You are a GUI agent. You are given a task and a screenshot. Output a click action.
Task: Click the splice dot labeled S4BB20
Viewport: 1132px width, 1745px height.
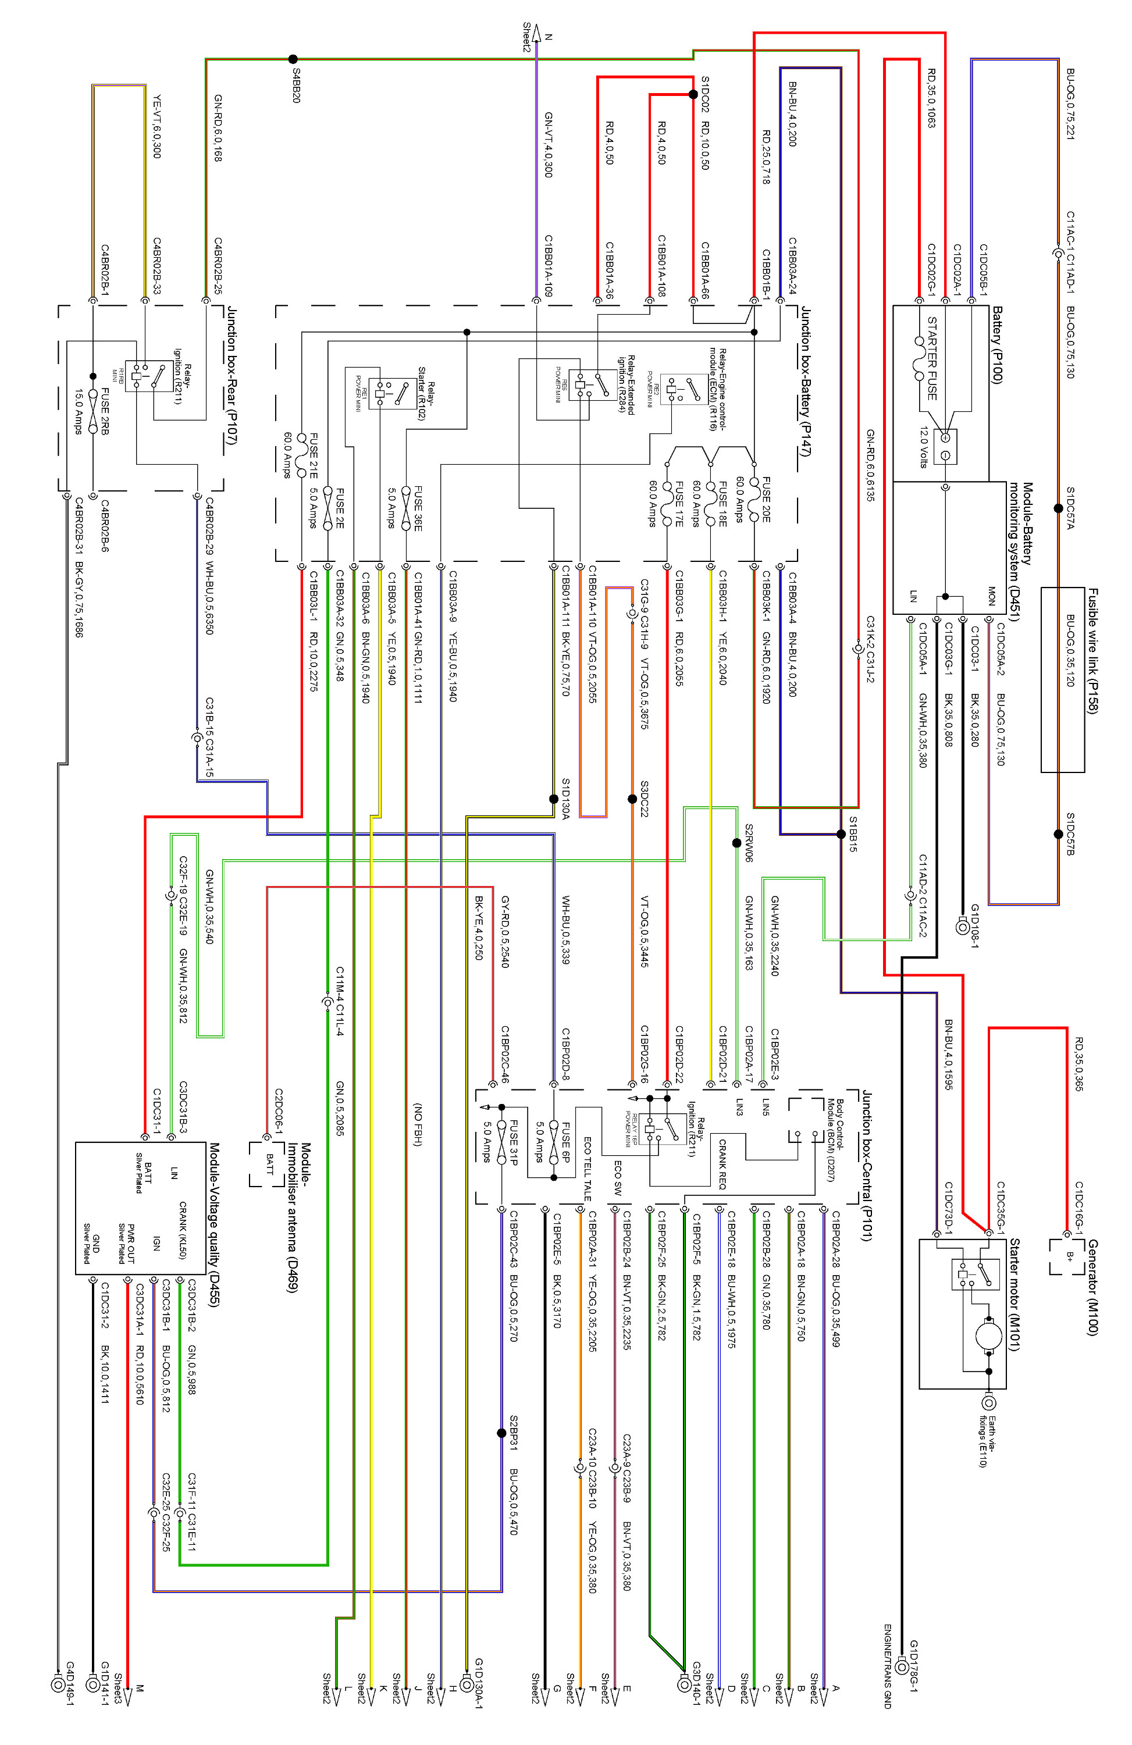[293, 59]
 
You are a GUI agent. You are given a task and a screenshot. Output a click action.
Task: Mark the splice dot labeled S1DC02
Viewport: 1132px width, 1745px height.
[693, 94]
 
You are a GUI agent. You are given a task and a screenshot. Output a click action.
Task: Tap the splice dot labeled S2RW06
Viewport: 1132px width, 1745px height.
[736, 843]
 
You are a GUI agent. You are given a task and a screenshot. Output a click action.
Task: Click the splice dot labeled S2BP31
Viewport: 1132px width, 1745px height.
[501, 1433]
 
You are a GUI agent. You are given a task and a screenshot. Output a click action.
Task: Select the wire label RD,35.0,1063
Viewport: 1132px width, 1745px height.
[931, 98]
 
